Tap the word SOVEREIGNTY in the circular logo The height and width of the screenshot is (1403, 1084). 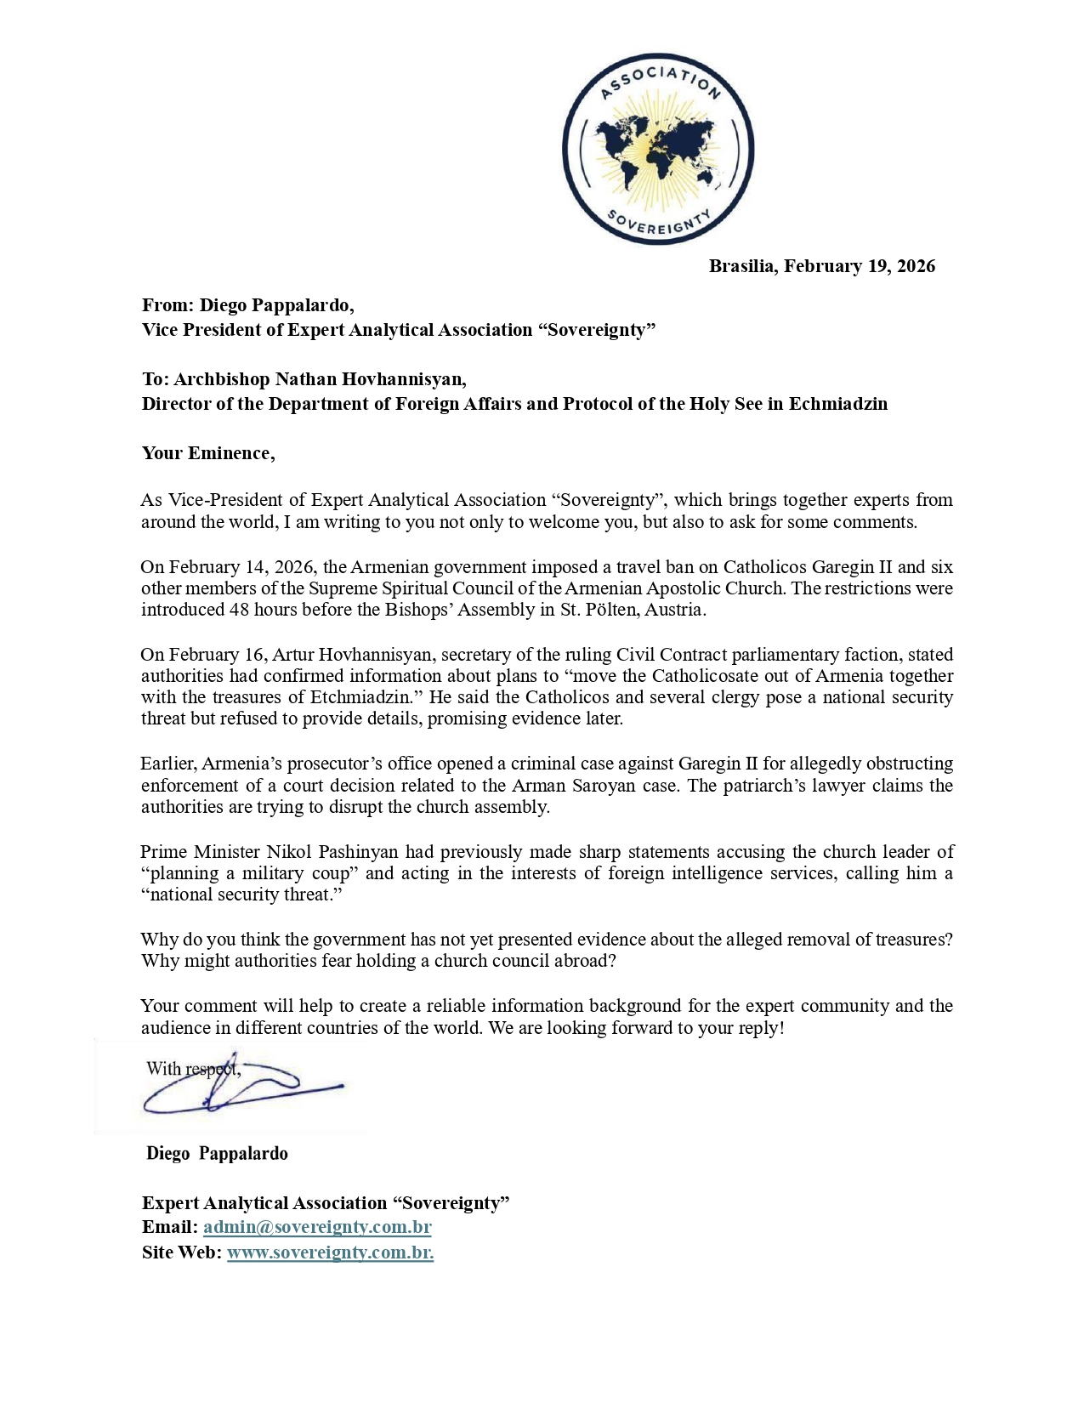click(659, 219)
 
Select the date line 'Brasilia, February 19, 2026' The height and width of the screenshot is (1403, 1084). click(821, 266)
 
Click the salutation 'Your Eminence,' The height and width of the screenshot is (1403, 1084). click(208, 452)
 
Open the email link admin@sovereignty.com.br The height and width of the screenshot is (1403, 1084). click(317, 1227)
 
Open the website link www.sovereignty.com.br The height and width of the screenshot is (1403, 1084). click(330, 1252)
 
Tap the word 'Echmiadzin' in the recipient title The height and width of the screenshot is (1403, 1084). click(837, 403)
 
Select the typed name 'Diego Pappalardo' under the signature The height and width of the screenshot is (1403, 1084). click(217, 1154)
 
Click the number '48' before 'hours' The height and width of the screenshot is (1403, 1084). click(239, 610)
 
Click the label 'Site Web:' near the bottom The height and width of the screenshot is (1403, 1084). click(181, 1252)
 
